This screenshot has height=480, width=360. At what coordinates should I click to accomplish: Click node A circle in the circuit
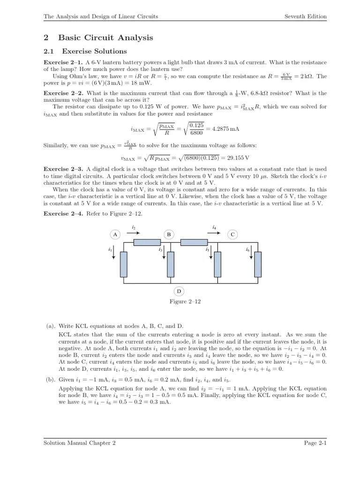115,234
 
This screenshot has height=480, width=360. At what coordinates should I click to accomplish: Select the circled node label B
169,234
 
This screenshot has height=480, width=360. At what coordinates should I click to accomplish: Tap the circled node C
232,234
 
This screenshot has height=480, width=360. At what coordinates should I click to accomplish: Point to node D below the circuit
179,291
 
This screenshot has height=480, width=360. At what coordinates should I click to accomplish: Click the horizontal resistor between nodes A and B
147,243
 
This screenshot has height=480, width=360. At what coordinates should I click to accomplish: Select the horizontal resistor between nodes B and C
194,243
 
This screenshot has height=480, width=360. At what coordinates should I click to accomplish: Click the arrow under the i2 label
135,231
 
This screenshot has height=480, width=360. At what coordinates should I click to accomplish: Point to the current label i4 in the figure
214,227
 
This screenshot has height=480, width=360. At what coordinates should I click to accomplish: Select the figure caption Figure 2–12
185,301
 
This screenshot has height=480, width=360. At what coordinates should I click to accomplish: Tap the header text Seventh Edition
305,16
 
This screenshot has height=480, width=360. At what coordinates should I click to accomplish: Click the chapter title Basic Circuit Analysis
105,37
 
